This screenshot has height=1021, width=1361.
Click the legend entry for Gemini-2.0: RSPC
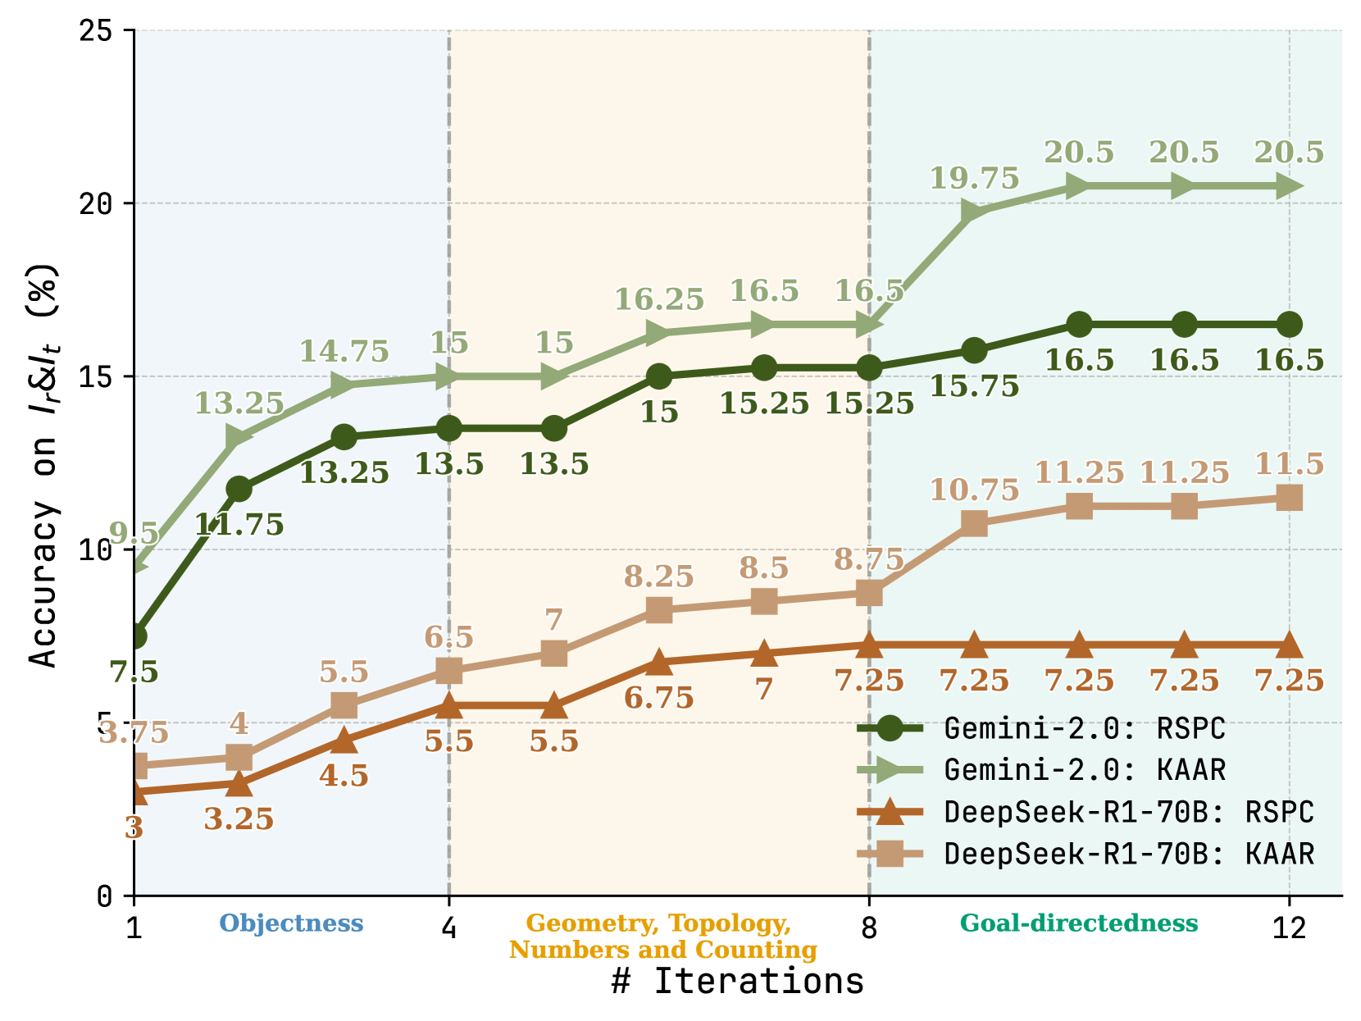(1084, 728)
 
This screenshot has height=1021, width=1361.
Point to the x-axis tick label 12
(1289, 928)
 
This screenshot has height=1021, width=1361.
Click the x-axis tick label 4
(448, 928)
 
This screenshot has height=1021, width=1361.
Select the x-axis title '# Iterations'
(737, 982)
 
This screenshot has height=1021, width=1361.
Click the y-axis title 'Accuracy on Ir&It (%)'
(44, 464)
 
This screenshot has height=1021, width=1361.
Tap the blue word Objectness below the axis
(291, 923)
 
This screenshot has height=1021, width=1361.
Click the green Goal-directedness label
(1079, 923)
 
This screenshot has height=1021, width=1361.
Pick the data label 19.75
(974, 179)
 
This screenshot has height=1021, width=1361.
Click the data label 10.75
(974, 490)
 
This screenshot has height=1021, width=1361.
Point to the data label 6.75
(659, 699)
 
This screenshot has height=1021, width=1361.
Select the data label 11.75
(239, 525)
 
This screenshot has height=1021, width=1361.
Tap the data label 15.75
(974, 386)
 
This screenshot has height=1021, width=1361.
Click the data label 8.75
(869, 560)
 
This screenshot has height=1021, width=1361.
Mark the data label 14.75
(344, 352)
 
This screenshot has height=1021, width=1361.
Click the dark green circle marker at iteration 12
(1289, 325)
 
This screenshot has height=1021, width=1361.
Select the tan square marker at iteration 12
(1289, 498)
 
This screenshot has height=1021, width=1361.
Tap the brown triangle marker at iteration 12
(1289, 645)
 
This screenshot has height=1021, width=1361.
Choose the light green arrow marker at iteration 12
(1289, 187)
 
